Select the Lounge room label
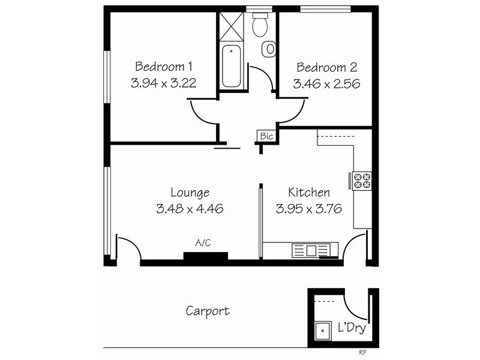pos(190,193)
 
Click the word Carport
pos(207,311)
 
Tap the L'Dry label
pos(352,329)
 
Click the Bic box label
pos(266,137)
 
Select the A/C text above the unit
pos(203,243)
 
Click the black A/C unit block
pos(205,257)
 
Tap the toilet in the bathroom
pos(259,24)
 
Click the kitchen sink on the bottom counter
pos(310,250)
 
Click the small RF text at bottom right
pos(362,353)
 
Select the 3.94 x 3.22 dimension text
pos(163,84)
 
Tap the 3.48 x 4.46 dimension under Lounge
pos(190,209)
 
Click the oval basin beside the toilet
pos(270,47)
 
